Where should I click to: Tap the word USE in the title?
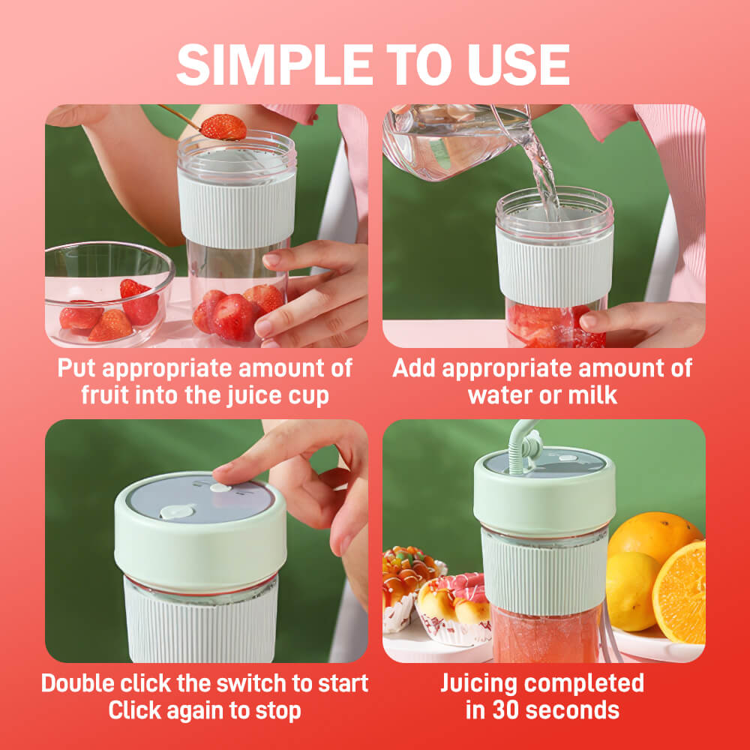518,64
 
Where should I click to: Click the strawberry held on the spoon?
223,127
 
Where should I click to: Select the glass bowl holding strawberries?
109,294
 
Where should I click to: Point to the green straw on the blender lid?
521,447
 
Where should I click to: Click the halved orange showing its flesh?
679,593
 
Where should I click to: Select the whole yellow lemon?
631,591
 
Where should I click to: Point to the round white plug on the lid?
176,511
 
